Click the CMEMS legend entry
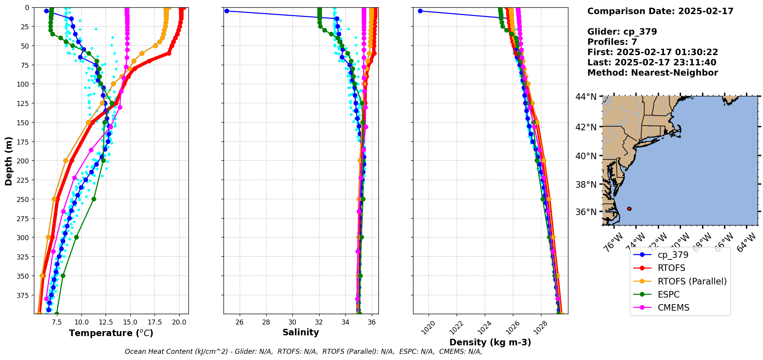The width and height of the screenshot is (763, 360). coord(673,308)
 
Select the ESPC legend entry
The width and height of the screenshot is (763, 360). coord(669,294)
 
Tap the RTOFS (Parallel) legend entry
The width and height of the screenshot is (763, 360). coord(692,281)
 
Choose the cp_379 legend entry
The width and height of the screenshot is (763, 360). coord(673,255)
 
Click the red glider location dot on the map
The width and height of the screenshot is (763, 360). coord(629,209)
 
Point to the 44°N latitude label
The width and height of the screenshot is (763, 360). coord(586,96)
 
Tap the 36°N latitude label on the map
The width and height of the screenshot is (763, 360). coord(586,212)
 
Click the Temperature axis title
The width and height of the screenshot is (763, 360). coord(111,333)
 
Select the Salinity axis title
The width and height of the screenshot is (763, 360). coord(301,332)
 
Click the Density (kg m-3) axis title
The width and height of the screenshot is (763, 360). coord(490,342)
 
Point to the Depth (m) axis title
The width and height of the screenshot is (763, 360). coord(8,161)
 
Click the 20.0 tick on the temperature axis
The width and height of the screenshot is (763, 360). coord(179,322)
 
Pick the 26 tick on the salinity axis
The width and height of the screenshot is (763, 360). coord(240,322)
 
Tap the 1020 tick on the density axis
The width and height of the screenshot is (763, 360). coord(428,328)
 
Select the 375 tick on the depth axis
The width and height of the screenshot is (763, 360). coord(24,295)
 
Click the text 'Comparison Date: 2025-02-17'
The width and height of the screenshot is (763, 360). coord(660,11)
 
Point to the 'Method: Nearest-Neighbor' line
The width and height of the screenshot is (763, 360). coord(652,73)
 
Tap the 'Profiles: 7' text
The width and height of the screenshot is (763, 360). coord(612,42)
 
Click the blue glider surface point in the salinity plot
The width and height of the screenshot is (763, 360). coord(227,11)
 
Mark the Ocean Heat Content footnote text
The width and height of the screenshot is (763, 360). coord(303,352)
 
